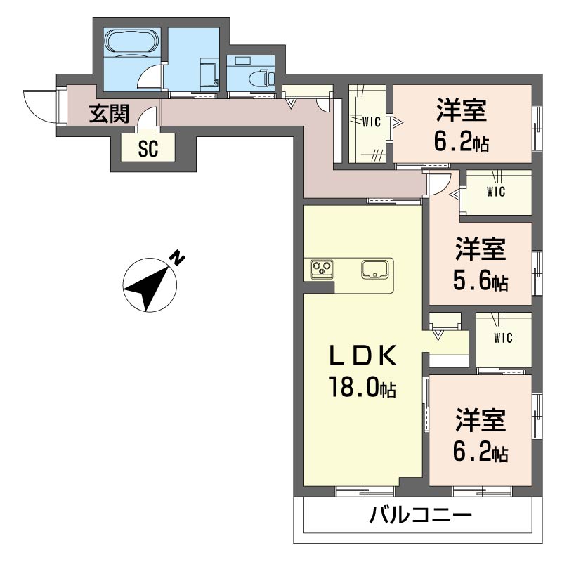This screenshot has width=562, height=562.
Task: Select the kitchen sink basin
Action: click(374, 269)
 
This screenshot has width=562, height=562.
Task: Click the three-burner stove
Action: click(322, 269)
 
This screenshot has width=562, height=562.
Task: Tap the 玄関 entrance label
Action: click(109, 114)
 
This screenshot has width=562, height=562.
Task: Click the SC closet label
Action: click(148, 149)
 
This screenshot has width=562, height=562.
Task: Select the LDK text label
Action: click(363, 355)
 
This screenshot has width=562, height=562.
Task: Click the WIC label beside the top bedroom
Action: click(372, 122)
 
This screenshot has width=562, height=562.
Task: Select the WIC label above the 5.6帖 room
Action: click(496, 192)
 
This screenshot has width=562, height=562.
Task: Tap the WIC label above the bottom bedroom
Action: click(503, 338)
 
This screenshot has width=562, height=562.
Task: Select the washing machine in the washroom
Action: click(209, 73)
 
